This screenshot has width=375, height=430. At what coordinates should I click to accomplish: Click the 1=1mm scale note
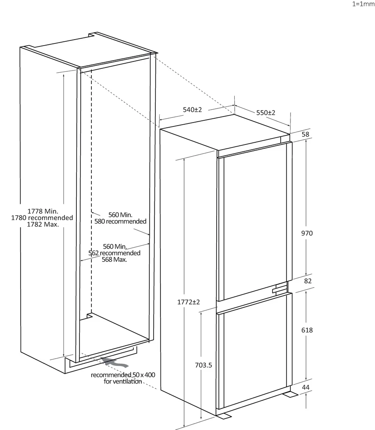[363, 4]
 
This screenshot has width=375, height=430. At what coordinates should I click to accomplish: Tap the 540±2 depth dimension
[192, 110]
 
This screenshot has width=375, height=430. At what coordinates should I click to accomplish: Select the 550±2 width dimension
[266, 112]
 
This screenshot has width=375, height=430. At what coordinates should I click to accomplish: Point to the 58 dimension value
[305, 134]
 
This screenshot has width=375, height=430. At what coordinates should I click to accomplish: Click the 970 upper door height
[307, 233]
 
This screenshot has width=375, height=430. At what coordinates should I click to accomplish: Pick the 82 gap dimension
[308, 281]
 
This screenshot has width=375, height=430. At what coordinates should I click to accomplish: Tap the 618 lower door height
[307, 330]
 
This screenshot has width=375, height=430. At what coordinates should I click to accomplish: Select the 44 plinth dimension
[306, 387]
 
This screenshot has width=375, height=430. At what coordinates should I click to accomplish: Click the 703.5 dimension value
[203, 365]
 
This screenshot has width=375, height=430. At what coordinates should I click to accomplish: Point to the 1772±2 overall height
[189, 302]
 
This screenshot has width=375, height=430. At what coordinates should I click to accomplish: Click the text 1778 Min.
[43, 211]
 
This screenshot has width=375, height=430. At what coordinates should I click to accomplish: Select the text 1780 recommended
[42, 218]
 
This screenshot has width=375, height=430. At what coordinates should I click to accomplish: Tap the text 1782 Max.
[43, 224]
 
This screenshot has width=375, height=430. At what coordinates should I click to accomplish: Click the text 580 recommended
[121, 221]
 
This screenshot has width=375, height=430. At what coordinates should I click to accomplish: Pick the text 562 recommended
[115, 253]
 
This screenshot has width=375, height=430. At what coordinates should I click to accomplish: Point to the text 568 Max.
[115, 259]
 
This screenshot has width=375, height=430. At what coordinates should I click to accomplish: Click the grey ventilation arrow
[114, 362]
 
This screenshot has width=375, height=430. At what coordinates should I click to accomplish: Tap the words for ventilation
[123, 381]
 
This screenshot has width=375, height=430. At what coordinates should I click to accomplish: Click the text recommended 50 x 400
[123, 375]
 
